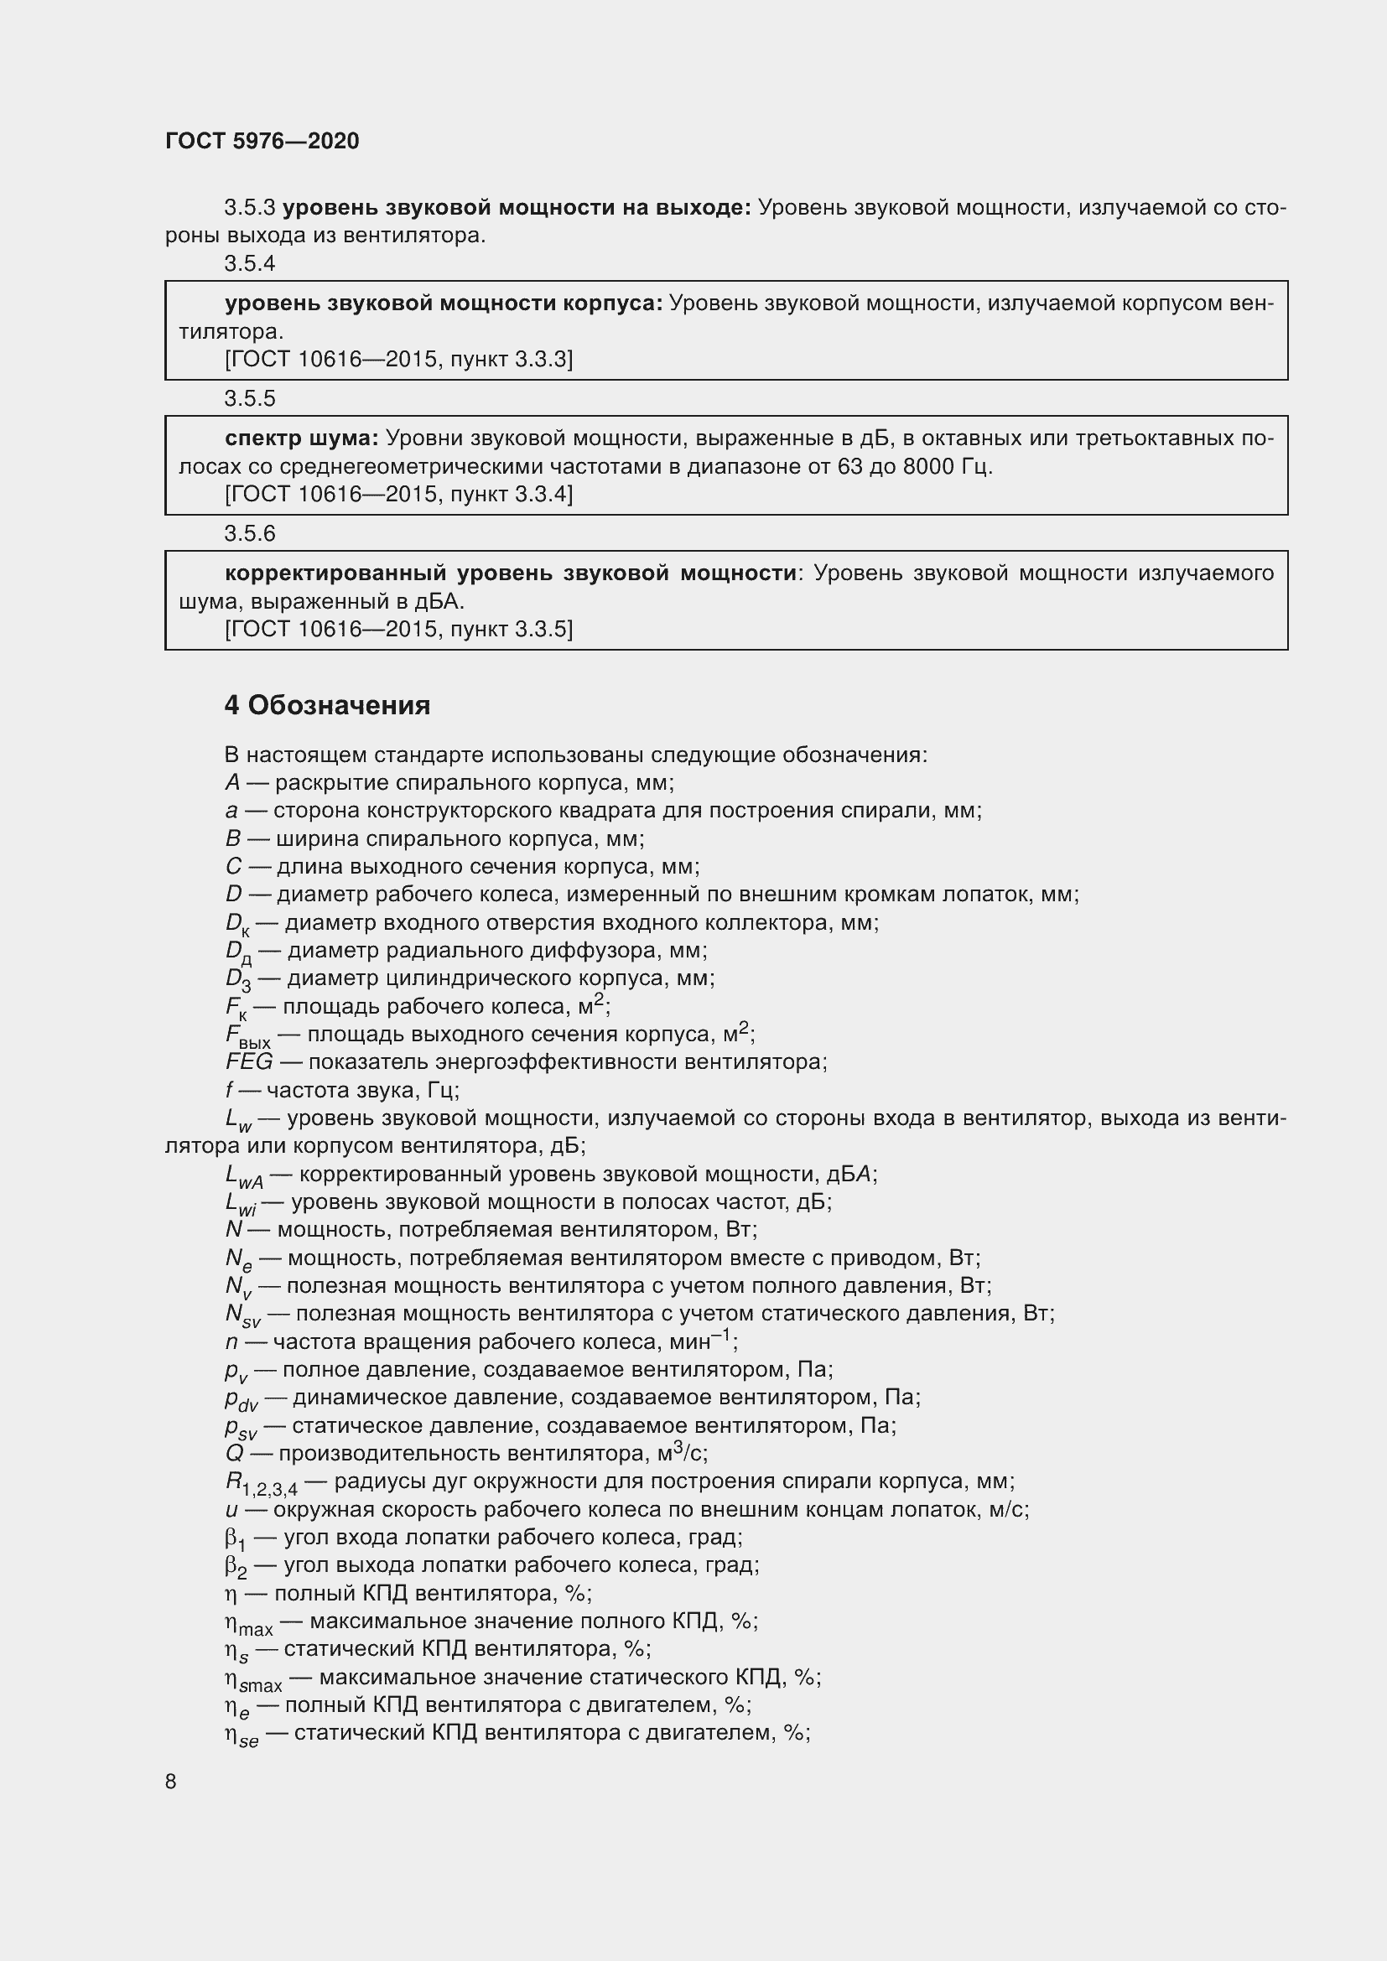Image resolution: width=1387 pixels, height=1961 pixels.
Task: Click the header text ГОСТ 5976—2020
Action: (262, 141)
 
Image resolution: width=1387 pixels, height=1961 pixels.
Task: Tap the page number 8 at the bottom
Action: (171, 1781)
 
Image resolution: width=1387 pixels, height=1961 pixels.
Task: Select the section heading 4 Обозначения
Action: (327, 704)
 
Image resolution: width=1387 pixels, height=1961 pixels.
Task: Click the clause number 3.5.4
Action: (249, 263)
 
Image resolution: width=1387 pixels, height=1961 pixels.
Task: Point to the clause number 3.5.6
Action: (249, 533)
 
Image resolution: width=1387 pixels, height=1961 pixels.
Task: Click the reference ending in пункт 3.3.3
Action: (399, 359)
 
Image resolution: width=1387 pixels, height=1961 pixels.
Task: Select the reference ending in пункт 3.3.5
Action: (399, 629)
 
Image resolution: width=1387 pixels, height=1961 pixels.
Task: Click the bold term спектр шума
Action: (301, 438)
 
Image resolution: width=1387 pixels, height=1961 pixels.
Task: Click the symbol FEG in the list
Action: (249, 1061)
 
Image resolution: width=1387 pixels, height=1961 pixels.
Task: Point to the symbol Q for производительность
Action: (235, 1453)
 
